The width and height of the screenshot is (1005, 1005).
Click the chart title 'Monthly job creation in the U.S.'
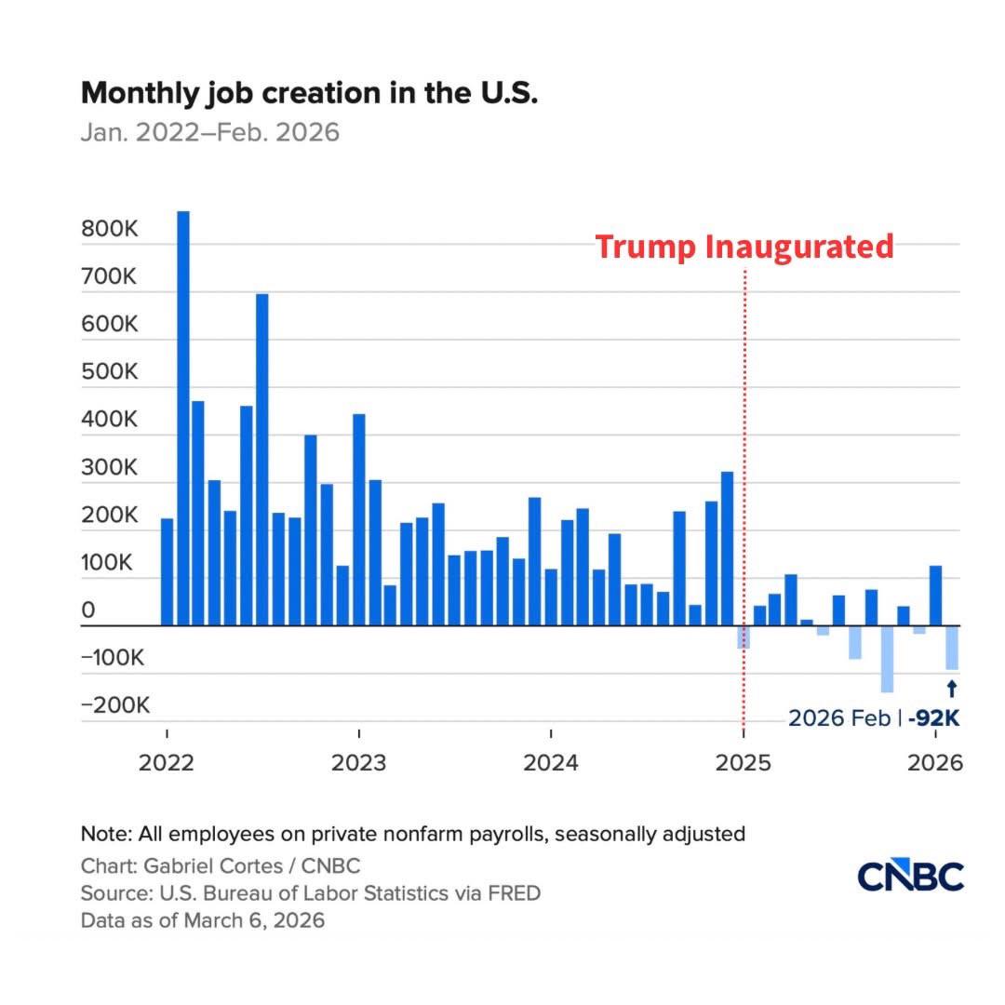(309, 93)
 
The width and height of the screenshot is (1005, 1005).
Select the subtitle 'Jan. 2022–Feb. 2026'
(210, 132)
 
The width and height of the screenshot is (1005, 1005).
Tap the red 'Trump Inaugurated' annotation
(744, 247)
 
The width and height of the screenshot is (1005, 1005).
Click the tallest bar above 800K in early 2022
(183, 418)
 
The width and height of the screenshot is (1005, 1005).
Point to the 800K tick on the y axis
(110, 229)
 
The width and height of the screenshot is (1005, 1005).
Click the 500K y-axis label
(110, 372)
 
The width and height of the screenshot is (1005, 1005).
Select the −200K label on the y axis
(115, 704)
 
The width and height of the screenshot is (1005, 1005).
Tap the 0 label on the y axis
(88, 610)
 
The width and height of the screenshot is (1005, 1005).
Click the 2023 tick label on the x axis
(358, 763)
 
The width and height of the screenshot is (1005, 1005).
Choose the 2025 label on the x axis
(743, 763)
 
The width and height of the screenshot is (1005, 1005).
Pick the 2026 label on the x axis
(934, 763)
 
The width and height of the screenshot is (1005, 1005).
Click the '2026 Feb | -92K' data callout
(874, 718)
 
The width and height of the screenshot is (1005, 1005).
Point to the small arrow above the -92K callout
(951, 689)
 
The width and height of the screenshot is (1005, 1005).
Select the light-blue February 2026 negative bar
(951, 648)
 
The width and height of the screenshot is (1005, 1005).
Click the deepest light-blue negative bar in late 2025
(887, 659)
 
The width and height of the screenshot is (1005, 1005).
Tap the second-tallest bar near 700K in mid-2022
(262, 460)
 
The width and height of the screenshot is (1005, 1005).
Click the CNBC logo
(910, 876)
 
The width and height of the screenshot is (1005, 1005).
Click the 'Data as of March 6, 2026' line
(203, 921)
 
